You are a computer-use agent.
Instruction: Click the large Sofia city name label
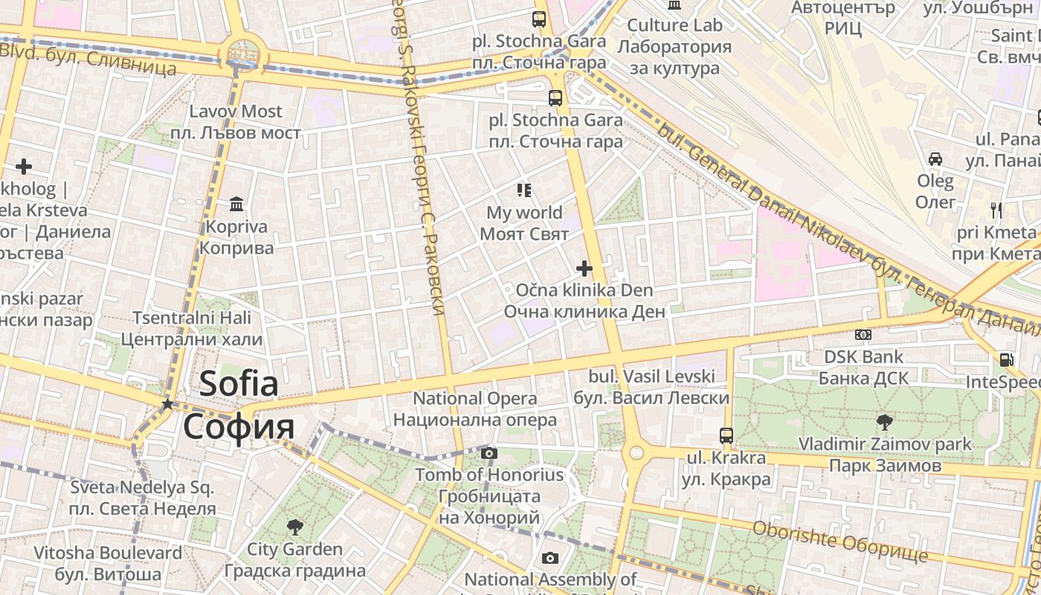pyautogui.click(x=239, y=405)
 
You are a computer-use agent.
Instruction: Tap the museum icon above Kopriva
pyautogui.click(x=237, y=203)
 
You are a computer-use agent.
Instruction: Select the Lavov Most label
pyautogui.click(x=236, y=122)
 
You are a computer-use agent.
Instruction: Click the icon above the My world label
pyautogui.click(x=524, y=190)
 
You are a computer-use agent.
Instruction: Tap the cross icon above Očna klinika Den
pyautogui.click(x=584, y=268)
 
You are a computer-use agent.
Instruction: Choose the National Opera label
pyautogui.click(x=474, y=408)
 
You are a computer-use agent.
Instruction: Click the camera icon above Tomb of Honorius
pyautogui.click(x=489, y=453)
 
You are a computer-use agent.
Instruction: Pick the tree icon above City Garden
pyautogui.click(x=294, y=527)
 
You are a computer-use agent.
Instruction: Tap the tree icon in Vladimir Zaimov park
pyautogui.click(x=884, y=422)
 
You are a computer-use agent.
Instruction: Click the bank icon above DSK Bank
pyautogui.click(x=863, y=335)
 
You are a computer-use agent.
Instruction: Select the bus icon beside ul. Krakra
pyautogui.click(x=726, y=435)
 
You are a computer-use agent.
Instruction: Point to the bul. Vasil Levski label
pyautogui.click(x=651, y=387)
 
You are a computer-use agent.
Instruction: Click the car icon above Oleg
pyautogui.click(x=935, y=158)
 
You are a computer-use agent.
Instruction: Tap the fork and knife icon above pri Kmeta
pyautogui.click(x=996, y=210)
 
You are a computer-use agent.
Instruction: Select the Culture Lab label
pyautogui.click(x=674, y=46)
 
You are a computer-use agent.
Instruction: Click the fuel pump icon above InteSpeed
pyautogui.click(x=1006, y=359)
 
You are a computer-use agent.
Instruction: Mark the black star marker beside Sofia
pyautogui.click(x=168, y=404)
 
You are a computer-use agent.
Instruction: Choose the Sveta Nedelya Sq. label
pyautogui.click(x=142, y=498)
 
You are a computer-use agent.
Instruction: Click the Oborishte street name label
pyautogui.click(x=840, y=541)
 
